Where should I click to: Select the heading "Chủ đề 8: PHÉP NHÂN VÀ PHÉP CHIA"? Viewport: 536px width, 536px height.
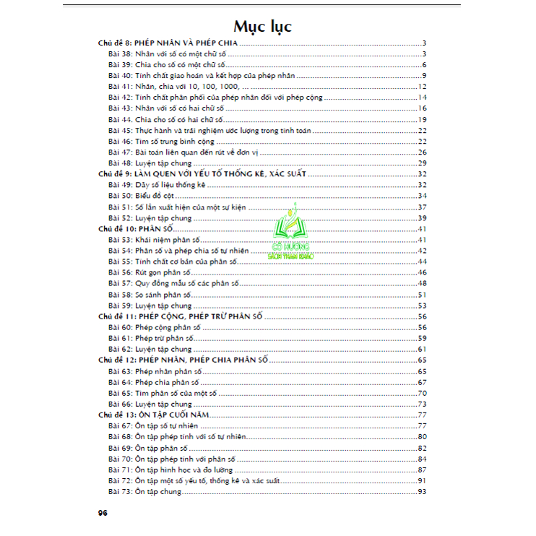point(168,44)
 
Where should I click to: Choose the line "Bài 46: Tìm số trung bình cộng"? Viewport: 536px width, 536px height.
point(160,141)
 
